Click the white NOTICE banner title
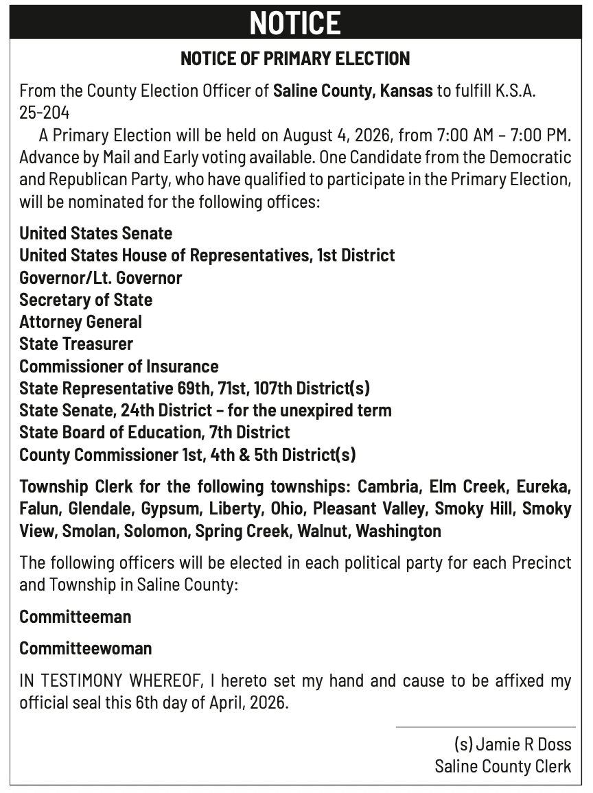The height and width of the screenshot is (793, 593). click(295, 23)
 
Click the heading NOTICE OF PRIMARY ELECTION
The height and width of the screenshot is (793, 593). click(295, 59)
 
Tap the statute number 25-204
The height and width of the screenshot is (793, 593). click(45, 113)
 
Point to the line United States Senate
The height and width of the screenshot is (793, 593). click(95, 234)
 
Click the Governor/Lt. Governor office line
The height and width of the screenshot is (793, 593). click(100, 278)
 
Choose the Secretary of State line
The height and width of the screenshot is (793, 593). click(86, 300)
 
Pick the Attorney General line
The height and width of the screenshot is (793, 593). click(80, 322)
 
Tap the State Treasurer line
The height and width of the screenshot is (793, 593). click(76, 344)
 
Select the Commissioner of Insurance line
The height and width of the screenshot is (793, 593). click(119, 366)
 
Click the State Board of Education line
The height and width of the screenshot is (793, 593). click(154, 432)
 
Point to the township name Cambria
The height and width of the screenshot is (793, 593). click(388, 487)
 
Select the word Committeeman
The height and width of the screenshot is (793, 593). click(75, 617)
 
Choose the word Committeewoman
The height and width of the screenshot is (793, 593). click(85, 648)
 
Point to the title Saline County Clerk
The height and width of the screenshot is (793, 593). click(502, 766)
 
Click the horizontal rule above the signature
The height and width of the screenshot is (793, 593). click(485, 727)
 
